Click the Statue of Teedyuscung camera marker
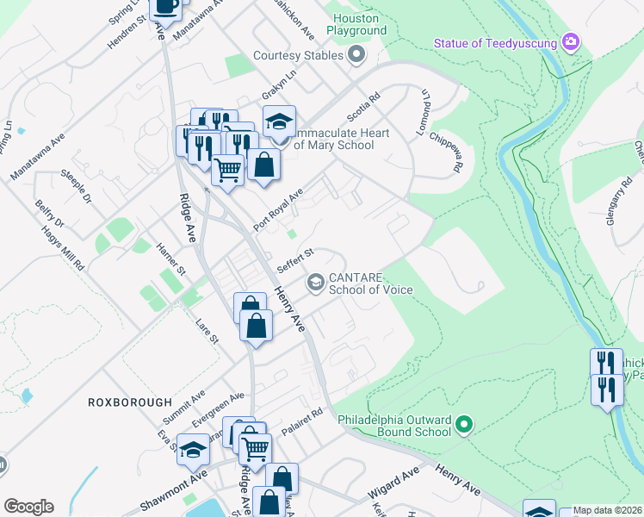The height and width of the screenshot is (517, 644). click(569, 41)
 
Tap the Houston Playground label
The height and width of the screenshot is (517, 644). click(356, 23)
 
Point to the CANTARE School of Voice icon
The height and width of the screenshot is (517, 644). click(316, 282)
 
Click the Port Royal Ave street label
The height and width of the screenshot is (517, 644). click(278, 210)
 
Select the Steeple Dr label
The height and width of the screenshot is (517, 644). click(77, 186)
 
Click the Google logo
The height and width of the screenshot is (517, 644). click(28, 507)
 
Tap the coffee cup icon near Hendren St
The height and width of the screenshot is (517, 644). click(166, 8)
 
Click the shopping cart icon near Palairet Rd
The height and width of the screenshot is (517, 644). click(255, 448)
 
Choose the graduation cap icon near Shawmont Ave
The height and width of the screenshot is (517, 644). click(194, 449)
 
